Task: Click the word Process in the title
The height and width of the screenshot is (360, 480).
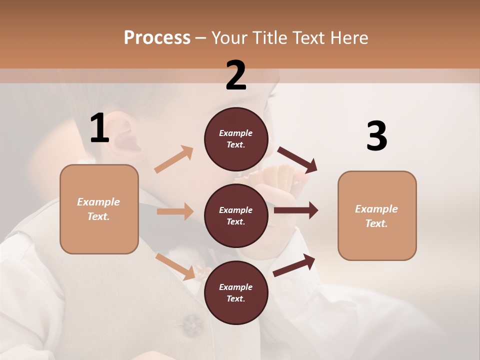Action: pyautogui.click(x=157, y=37)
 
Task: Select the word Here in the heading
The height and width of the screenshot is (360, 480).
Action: pyautogui.click(x=349, y=38)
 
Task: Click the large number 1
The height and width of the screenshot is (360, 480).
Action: pyautogui.click(x=99, y=128)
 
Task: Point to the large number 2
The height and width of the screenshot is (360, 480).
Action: pyautogui.click(x=236, y=75)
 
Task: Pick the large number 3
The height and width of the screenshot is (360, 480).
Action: pyautogui.click(x=376, y=136)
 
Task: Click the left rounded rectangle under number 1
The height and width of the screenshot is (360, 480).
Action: pyautogui.click(x=99, y=209)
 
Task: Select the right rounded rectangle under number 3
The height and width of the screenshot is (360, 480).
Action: pyautogui.click(x=377, y=216)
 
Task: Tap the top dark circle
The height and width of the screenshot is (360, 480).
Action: pyautogui.click(x=236, y=139)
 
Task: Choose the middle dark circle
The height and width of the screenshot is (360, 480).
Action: pyautogui.click(x=236, y=216)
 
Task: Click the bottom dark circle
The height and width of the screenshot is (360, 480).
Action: pyautogui.click(x=236, y=293)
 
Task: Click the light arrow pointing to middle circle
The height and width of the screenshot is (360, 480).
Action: pyautogui.click(x=175, y=211)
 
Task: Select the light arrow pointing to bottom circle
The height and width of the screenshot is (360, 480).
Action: pyautogui.click(x=175, y=266)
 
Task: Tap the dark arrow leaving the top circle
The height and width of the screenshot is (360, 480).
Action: pyautogui.click(x=297, y=160)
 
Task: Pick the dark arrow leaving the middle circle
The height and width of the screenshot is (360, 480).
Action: pyautogui.click(x=296, y=210)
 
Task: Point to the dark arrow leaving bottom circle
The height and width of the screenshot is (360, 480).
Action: pyautogui.click(x=294, y=265)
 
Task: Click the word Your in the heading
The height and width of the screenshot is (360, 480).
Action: pyautogui.click(x=231, y=38)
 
